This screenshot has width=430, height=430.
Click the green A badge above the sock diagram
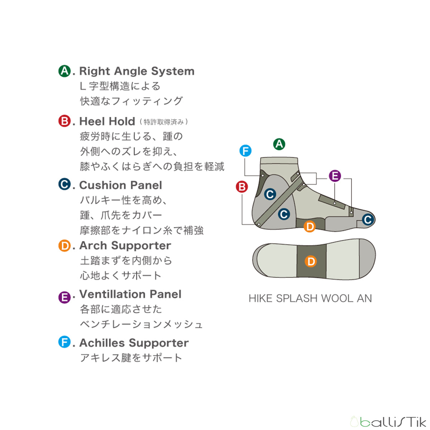(x=279, y=144)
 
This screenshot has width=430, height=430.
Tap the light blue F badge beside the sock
(x=245, y=151)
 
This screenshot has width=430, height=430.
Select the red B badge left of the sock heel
(x=242, y=187)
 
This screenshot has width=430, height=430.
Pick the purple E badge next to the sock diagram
(x=335, y=176)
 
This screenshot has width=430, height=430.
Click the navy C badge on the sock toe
(x=368, y=219)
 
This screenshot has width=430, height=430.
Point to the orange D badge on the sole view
(x=311, y=261)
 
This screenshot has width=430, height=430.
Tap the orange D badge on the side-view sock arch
(x=310, y=226)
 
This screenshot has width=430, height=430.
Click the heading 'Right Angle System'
(x=137, y=71)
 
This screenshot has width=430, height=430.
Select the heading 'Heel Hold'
(x=107, y=121)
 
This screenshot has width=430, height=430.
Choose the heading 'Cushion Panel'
(x=120, y=185)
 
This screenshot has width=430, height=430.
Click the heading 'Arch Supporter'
(x=125, y=245)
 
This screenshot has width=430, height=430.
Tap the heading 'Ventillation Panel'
(x=130, y=294)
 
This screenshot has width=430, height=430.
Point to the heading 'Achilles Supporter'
(x=134, y=343)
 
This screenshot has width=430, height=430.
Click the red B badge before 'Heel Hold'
(x=64, y=121)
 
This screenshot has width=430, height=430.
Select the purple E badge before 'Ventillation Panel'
(x=64, y=297)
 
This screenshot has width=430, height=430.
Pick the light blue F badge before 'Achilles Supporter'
(x=64, y=342)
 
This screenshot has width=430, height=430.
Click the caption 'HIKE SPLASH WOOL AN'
(x=310, y=298)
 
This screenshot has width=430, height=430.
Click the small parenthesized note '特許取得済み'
(x=164, y=122)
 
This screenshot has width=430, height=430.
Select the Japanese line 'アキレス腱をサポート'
(x=131, y=358)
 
